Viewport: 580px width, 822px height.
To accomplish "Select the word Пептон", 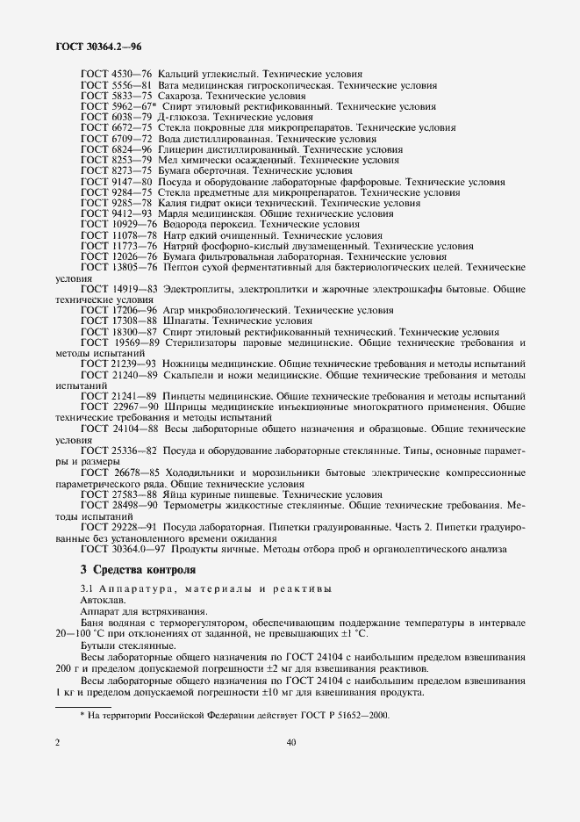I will click(180, 266).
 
